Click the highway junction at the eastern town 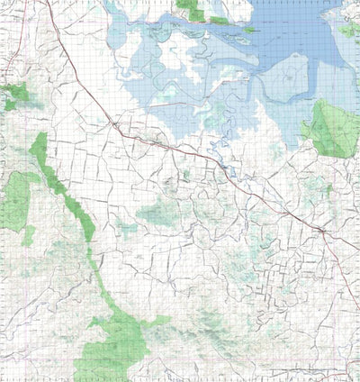(321, 231)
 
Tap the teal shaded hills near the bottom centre (211, 320)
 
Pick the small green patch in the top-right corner (348, 30)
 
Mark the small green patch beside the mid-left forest (29, 236)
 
